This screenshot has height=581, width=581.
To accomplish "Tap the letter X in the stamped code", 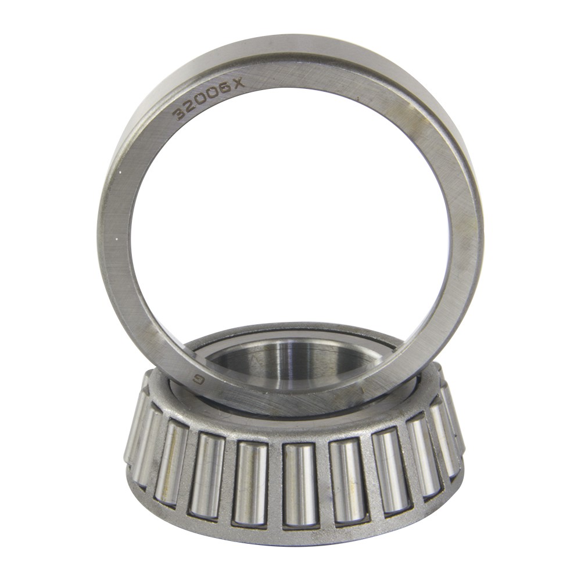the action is tap(240, 84).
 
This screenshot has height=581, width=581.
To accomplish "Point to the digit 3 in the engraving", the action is tap(180, 114).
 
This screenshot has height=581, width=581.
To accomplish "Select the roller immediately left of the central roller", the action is tap(251, 484).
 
